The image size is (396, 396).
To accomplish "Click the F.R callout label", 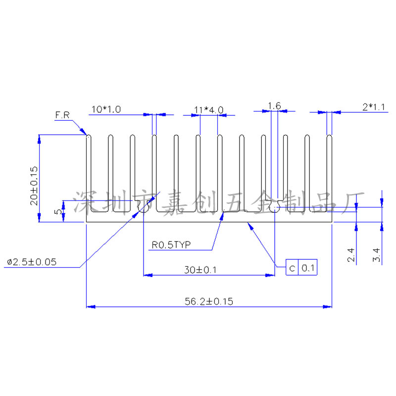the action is point(62,115).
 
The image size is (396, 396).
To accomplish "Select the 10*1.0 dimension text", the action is point(106,109).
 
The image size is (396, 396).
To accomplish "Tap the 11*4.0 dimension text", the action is point(208,110).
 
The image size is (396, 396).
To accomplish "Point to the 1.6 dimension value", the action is point(274,106).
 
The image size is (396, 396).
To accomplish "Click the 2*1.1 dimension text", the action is point(374,107).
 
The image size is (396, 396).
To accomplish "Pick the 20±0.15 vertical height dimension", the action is point(34,186).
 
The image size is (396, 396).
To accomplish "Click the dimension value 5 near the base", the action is point(58,211).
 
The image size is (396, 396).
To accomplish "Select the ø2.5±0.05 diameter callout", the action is point(32,262).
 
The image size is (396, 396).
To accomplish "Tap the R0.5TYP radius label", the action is point(171,245).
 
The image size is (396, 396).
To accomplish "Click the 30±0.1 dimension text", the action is point(200,270).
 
